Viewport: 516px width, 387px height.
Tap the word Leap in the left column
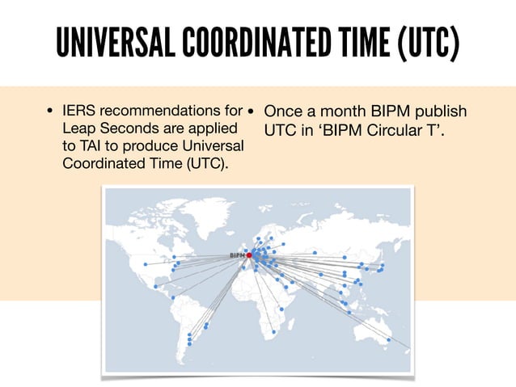pos(77,129)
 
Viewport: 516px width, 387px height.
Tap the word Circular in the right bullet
pos(395,129)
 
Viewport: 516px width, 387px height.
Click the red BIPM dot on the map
pos(249,255)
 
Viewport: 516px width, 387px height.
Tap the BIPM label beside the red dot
pos(237,255)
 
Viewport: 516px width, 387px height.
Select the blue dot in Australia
pos(389,340)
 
